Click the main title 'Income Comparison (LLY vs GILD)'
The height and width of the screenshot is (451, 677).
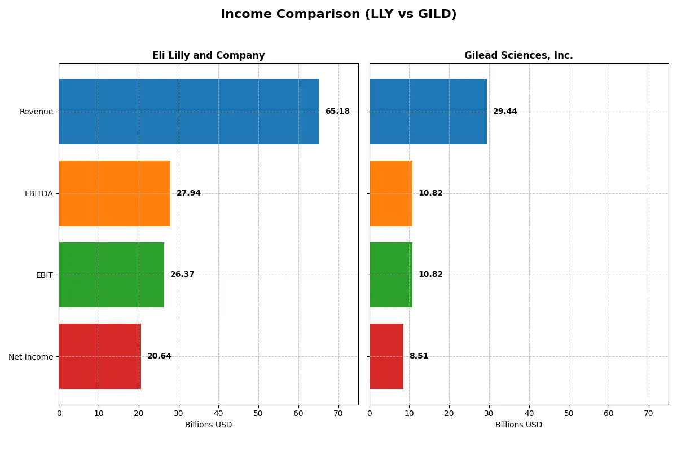(338, 15)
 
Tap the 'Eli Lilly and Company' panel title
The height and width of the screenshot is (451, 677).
(208, 55)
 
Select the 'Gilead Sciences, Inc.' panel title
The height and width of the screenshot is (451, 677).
(518, 55)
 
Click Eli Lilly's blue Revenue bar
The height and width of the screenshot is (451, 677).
(189, 112)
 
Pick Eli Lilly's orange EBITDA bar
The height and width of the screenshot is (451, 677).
(115, 193)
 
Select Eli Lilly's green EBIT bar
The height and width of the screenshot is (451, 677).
(111, 275)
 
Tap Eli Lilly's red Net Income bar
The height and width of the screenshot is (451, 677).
(100, 356)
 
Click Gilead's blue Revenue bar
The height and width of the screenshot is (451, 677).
(428, 112)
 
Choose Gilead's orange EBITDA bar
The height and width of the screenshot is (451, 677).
(391, 193)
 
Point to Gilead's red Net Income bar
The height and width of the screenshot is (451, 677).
(386, 356)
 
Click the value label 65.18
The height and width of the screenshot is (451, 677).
(337, 112)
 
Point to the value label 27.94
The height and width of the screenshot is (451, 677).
(188, 193)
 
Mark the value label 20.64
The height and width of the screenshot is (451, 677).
(159, 356)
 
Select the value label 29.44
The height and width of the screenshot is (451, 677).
(505, 112)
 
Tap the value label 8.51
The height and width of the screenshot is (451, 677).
(419, 356)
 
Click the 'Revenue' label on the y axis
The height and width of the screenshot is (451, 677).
(36, 112)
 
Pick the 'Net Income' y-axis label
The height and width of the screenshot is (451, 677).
(31, 357)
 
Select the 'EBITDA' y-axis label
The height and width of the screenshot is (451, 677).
(39, 193)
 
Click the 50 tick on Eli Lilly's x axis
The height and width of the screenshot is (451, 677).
(258, 413)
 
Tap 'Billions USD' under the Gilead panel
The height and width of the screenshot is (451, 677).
(518, 425)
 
